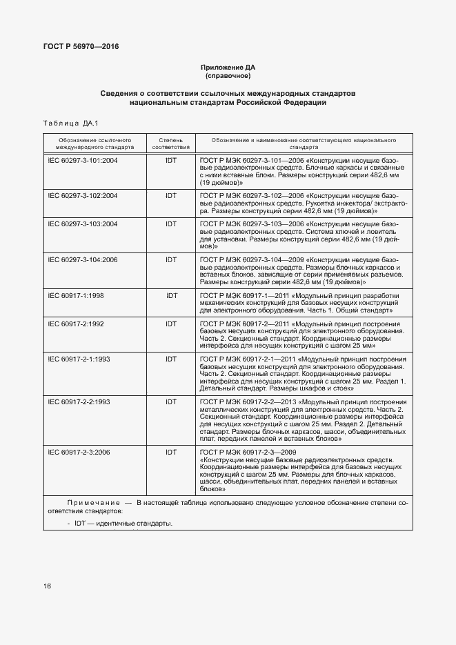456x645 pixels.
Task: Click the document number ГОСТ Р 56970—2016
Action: pos(77,47)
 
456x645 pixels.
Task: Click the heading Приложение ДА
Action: pos(228,68)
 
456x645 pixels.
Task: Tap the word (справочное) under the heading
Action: pos(228,76)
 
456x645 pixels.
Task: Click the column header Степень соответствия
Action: pos(170,143)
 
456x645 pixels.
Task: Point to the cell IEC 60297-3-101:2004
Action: pos(82,160)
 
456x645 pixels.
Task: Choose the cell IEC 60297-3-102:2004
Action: pos(82,196)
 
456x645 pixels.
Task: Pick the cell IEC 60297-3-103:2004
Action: pos(82,224)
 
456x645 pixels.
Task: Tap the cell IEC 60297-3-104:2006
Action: pos(82,260)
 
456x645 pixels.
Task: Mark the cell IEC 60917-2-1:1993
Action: pos(78,359)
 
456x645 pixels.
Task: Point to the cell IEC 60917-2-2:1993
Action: pos(78,401)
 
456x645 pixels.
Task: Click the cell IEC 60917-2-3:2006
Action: pos(78,452)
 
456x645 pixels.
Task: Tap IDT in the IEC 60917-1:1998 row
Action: pos(171,296)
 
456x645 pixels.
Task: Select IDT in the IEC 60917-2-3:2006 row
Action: pos(171,452)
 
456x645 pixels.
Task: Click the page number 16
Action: pos(47,586)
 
